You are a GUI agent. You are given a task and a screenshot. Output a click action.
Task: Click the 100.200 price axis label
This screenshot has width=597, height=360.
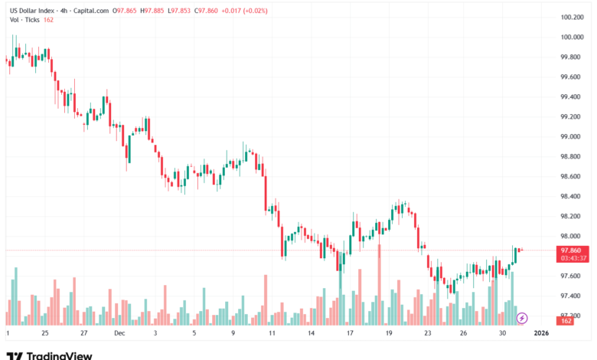[573, 17]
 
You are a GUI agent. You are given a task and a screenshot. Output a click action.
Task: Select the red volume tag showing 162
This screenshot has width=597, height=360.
[567, 321]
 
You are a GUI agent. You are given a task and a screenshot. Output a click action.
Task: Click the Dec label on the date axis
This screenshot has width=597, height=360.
[119, 334]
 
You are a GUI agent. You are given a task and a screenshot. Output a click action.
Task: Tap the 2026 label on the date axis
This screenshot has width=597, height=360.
[541, 334]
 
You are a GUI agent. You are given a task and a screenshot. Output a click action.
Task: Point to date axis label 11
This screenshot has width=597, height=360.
[272, 334]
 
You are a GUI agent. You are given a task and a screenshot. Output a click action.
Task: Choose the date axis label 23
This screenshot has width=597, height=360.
[427, 334]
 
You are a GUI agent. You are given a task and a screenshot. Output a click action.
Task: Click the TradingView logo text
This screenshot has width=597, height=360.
[59, 355]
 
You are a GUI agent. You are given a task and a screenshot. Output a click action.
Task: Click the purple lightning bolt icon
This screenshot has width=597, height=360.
[522, 317]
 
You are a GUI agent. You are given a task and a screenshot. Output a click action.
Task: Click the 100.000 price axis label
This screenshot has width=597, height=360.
[573, 37]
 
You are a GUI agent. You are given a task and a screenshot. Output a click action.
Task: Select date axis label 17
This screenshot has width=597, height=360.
[349, 334]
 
